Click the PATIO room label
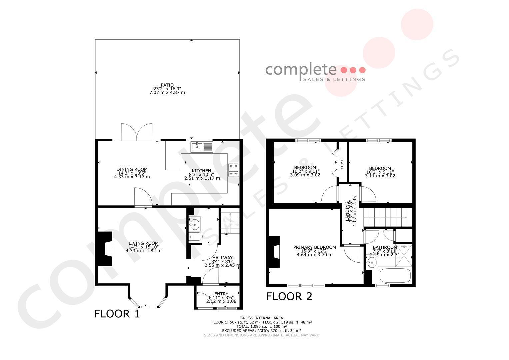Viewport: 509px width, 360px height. (x=167, y=85)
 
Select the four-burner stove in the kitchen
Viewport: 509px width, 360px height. (x=234, y=170)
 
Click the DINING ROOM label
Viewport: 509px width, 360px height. (x=132, y=169)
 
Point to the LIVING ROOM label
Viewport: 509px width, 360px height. (x=144, y=243)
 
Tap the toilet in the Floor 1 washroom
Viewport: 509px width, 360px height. (x=195, y=237)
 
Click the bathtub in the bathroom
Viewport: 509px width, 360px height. (x=395, y=276)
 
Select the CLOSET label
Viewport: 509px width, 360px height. (x=342, y=163)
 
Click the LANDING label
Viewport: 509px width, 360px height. (x=347, y=211)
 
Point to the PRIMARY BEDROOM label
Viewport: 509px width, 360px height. (x=315, y=247)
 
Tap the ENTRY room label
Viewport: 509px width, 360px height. (x=221, y=294)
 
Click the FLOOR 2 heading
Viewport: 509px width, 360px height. (x=289, y=296)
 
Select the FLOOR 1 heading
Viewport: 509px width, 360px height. (x=117, y=314)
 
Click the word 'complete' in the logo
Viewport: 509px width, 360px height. (x=301, y=70)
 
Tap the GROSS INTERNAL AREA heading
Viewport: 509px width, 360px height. (x=262, y=318)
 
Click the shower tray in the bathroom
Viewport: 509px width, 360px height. (x=404, y=255)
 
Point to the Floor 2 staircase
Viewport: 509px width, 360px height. (x=388, y=217)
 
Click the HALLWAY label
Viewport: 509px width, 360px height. (x=222, y=258)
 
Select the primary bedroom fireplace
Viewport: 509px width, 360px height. (x=274, y=252)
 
